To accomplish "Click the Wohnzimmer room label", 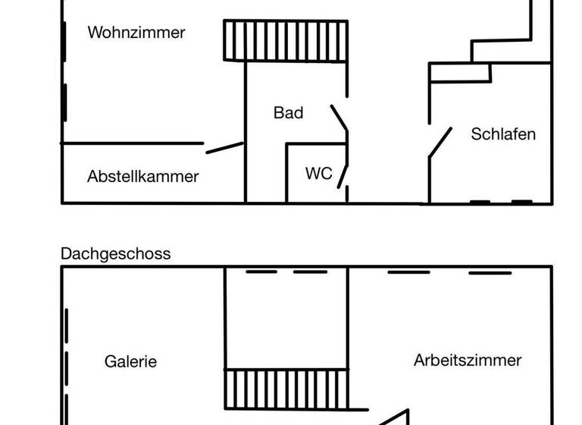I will point(136,33).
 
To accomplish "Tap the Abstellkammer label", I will point(142,176).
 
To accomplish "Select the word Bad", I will point(288,113).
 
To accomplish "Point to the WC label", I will point(318,174).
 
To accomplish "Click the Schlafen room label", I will point(503,134).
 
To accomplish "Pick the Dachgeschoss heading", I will point(115,253).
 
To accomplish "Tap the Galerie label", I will point(130,361).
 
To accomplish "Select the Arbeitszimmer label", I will point(468,360).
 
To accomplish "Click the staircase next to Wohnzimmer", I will point(285,40).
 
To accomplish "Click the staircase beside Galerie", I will point(285,389).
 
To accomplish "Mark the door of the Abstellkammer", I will point(224,147).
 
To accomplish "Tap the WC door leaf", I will point(343,175).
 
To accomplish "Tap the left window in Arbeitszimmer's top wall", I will point(408,272).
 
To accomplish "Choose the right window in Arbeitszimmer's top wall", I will point(490,272).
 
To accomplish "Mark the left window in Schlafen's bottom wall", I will point(479,202).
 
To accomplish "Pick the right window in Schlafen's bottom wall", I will point(522,202).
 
